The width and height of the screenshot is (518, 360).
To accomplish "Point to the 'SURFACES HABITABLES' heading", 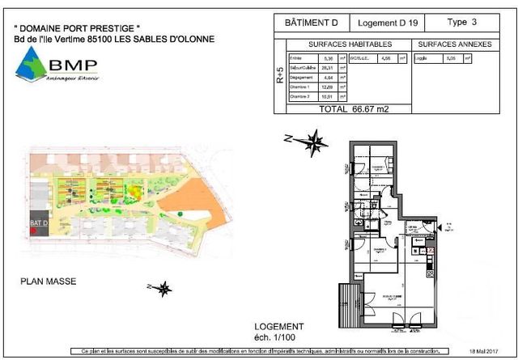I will point(351,45).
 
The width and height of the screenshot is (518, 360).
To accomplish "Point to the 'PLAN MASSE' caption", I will point(48,282).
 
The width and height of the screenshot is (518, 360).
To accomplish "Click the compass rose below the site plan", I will point(163,288).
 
